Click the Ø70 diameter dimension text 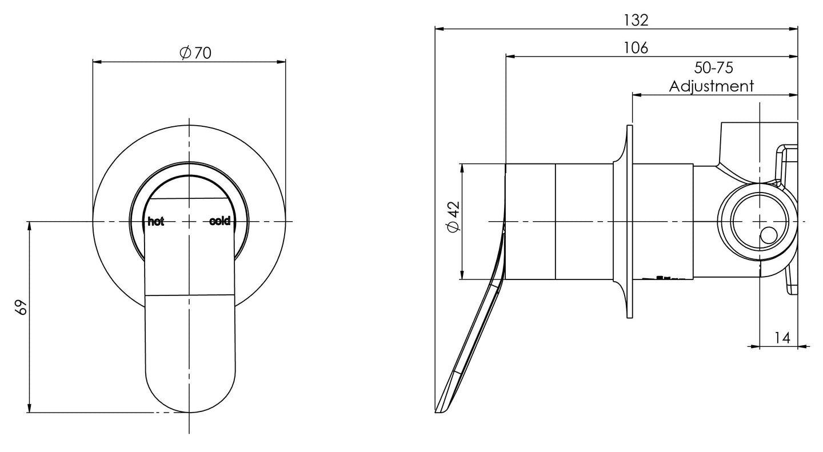pyautogui.click(x=195, y=53)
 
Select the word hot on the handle pyautogui.click(x=155, y=222)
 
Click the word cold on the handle pyautogui.click(x=220, y=221)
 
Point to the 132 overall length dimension pyautogui.click(x=636, y=20)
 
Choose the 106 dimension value pyautogui.click(x=636, y=48)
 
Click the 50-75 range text pyautogui.click(x=713, y=68)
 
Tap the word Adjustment pyautogui.click(x=712, y=86)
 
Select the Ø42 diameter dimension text pyautogui.click(x=454, y=218)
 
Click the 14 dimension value pyautogui.click(x=782, y=338)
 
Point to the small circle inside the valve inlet pyautogui.click(x=769, y=235)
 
